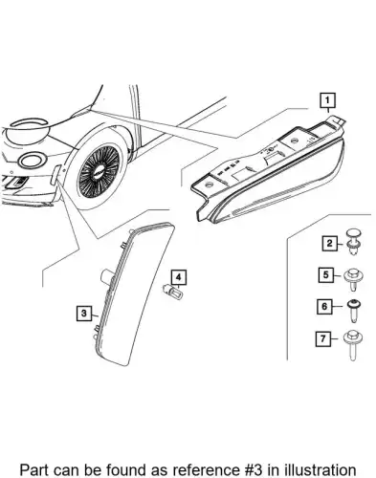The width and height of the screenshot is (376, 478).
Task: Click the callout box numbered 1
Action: pyautogui.click(x=327, y=100)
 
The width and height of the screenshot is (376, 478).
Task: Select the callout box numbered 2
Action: pyautogui.click(x=329, y=244)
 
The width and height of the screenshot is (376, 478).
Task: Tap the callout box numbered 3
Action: pyautogui.click(x=84, y=314)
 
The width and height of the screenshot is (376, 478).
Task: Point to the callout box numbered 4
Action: pyautogui.click(x=179, y=277)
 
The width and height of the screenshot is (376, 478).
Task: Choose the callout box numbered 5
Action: pyautogui.click(x=326, y=274)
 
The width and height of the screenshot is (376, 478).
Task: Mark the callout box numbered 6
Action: pyautogui.click(x=324, y=307)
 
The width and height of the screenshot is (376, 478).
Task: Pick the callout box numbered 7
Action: pyautogui.click(x=323, y=338)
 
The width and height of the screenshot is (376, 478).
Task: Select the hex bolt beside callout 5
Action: pyautogui.click(x=353, y=279)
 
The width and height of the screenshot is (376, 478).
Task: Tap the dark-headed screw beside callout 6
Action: pyautogui.click(x=353, y=311)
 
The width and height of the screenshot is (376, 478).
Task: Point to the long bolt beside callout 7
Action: pyautogui.click(x=352, y=345)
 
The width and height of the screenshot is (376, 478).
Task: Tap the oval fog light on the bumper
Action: pyautogui.click(x=32, y=161)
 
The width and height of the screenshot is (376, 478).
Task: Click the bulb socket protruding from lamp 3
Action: pyautogui.click(x=105, y=275)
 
